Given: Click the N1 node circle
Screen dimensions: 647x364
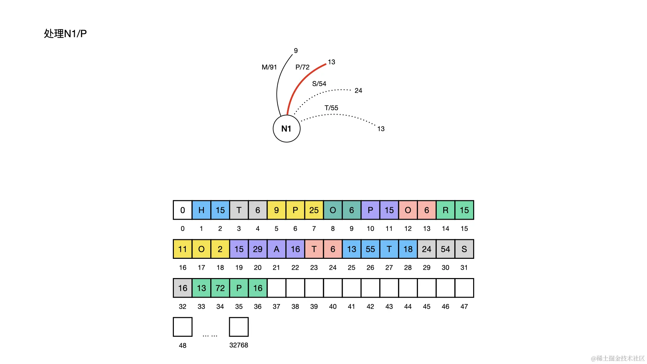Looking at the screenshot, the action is point(286,128).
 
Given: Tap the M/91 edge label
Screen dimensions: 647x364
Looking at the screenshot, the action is point(269,67).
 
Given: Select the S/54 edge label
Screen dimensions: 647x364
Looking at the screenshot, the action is point(319,84).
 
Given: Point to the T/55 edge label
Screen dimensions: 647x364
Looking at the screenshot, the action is point(331,108).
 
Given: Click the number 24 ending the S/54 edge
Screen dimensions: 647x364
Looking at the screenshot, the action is point(358,91).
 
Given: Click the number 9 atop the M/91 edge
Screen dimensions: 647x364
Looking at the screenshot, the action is point(296,51).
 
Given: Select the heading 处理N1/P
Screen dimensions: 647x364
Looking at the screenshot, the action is point(65,33).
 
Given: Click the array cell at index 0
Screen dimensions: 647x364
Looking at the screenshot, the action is point(183,210).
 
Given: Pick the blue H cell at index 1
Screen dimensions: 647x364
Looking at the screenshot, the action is point(202,210).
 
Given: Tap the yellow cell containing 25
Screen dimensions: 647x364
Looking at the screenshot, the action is point(314,210).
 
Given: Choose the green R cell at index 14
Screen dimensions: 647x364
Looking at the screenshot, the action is point(445,210).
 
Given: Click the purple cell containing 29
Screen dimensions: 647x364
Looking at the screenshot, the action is point(257,249).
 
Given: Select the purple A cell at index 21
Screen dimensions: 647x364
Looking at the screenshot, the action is point(276,249).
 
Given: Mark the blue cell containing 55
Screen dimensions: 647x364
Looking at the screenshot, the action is point(370,249).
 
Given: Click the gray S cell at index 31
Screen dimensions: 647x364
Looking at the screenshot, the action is point(464,249).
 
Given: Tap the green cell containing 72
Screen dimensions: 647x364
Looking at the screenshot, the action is point(220,288).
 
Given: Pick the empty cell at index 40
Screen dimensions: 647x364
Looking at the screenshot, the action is point(333,288).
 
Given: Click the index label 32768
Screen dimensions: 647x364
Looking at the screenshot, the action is point(239,345).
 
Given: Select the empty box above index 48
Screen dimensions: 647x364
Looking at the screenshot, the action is point(183,327).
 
